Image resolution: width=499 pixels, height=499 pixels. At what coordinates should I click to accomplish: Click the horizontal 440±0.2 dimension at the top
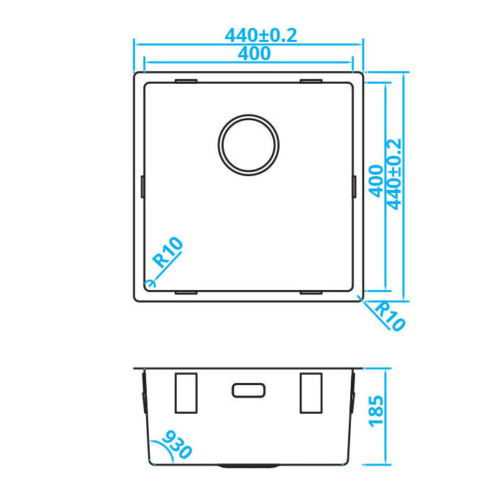[x=261, y=35]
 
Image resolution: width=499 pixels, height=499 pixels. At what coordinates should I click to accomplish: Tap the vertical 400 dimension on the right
[x=376, y=181]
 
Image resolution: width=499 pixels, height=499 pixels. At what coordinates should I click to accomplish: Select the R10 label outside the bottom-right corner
[x=389, y=315]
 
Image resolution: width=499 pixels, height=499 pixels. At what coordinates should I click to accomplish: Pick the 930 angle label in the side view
[x=176, y=444]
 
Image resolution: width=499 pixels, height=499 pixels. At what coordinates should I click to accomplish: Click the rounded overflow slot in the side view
[x=247, y=390]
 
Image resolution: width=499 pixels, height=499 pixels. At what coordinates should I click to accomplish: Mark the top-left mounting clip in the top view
[x=186, y=82]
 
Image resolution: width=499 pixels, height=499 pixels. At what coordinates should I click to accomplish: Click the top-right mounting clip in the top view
[x=310, y=82]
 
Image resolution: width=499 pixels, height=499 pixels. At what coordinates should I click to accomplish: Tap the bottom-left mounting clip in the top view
[x=186, y=291]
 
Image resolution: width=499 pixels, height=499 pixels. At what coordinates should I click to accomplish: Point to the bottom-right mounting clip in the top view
[x=310, y=291]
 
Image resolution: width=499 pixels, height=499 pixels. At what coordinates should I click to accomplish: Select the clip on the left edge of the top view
[x=143, y=187]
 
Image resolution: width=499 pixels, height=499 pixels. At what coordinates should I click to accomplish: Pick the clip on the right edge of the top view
[x=354, y=187]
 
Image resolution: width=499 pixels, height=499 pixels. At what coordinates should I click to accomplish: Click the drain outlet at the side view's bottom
[x=248, y=464]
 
